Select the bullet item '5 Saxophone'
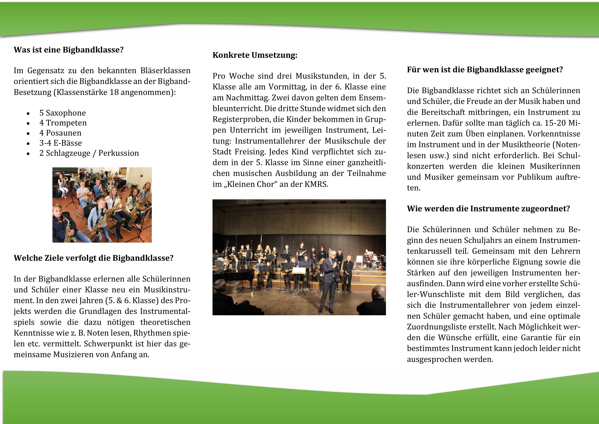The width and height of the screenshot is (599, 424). [x=63, y=113]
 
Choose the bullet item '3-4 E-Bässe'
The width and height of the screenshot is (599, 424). [x=61, y=143]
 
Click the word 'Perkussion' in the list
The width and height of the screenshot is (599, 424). [x=118, y=153]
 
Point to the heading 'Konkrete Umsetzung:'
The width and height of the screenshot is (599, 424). [x=255, y=55]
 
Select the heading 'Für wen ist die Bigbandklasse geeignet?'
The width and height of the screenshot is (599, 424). [x=485, y=70]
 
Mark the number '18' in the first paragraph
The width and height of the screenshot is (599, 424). [x=114, y=92]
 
